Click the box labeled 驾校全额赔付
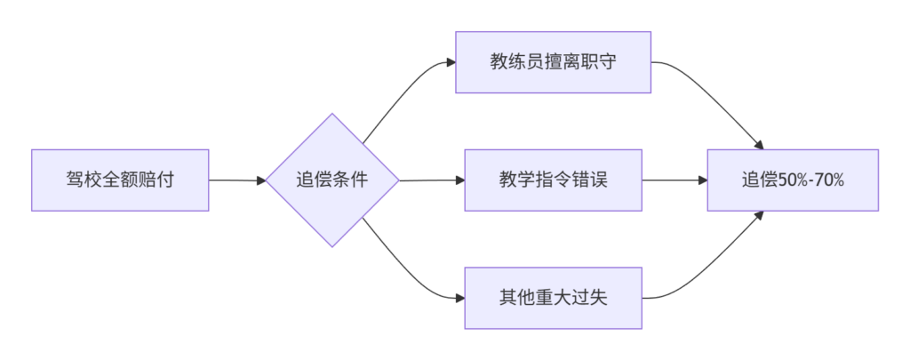[120, 180]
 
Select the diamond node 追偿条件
[332, 180]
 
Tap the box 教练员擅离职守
[553, 62]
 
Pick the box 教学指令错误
[553, 180]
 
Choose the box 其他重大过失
[553, 298]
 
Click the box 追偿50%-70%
[793, 180]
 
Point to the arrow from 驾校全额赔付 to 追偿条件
[237, 180]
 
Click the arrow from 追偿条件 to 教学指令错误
[433, 180]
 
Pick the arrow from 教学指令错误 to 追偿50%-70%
[675, 180]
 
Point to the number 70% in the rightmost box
[831, 180]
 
